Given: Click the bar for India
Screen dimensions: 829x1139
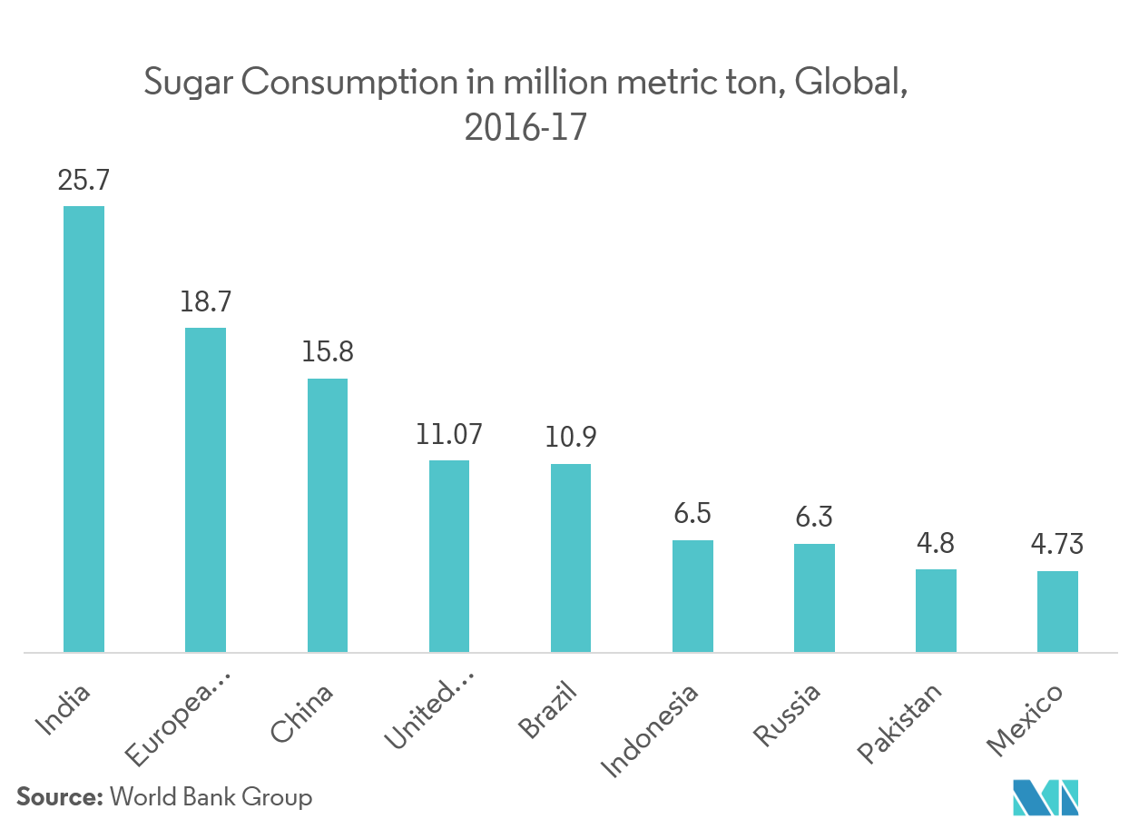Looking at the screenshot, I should click(x=83, y=429).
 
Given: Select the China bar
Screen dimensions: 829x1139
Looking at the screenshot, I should click(x=327, y=515).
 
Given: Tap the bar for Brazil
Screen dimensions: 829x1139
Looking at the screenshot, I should click(x=571, y=558).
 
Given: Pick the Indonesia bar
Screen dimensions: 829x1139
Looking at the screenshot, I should click(x=692, y=596).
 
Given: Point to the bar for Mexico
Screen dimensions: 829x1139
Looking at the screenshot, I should click(x=1057, y=611).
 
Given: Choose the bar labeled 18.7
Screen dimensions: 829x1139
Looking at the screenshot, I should click(x=205, y=489).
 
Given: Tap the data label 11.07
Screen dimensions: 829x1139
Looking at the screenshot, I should click(x=448, y=434).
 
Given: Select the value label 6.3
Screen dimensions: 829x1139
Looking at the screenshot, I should click(x=814, y=518).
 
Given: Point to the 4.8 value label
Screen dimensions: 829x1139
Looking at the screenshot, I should click(x=936, y=544).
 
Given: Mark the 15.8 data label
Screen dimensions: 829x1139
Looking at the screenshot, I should click(x=327, y=352).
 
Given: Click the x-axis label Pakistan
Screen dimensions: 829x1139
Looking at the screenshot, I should click(x=901, y=724).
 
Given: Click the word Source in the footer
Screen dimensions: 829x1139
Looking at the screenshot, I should click(x=59, y=798).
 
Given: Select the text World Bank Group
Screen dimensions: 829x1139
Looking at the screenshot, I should click(x=211, y=798).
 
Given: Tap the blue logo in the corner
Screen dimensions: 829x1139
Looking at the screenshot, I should click(x=1045, y=795).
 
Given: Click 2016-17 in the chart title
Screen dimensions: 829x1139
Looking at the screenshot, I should click(x=525, y=128).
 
